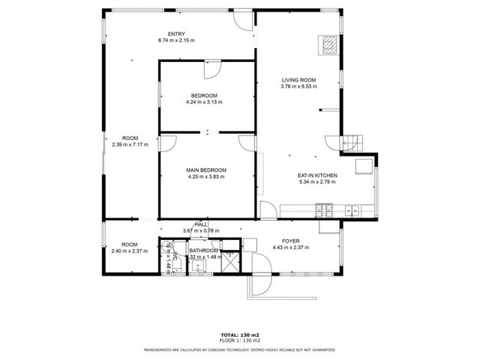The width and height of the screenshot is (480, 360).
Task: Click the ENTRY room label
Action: pos(176,34)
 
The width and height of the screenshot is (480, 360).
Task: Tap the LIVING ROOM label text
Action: pos(298,80)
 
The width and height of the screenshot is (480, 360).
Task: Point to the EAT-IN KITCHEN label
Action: pos(317,175)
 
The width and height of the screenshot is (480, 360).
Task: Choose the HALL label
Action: pos(201,224)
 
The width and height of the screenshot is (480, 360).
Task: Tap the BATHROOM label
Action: pos(203,251)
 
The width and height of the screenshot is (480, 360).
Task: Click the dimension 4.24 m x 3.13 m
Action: pos(204,102)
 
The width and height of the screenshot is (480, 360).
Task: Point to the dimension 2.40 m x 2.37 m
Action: pos(130,251)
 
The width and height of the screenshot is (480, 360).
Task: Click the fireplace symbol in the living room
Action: pos(328,44)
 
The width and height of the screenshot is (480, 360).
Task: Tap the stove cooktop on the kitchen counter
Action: pos(325,210)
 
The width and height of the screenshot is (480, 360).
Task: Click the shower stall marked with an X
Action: pos(230,262)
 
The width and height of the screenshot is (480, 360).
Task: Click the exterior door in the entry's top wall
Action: pos(243,19)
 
